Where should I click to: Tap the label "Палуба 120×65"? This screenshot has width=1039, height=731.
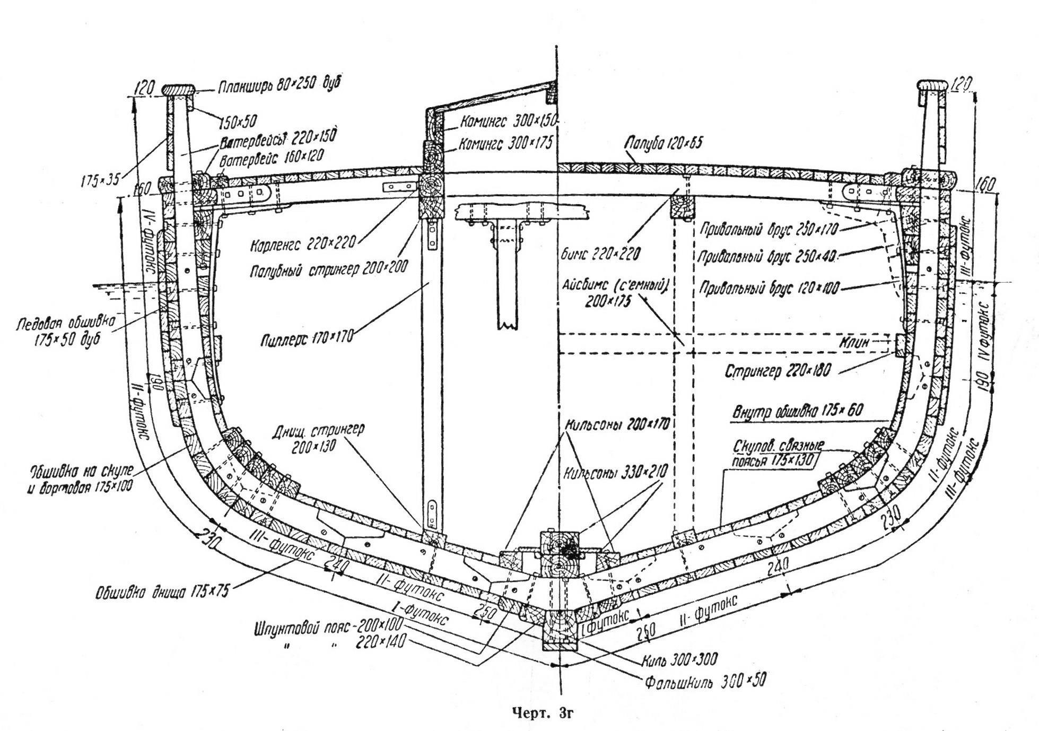tap(663, 144)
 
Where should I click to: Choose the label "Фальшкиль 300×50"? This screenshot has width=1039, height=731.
tap(705, 680)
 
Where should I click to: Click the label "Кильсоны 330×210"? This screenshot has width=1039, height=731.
tap(616, 472)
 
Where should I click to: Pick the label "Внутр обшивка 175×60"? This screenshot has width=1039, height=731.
tap(799, 411)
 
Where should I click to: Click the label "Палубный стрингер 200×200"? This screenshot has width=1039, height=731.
tap(329, 269)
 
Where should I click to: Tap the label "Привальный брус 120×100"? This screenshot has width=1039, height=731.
tap(770, 289)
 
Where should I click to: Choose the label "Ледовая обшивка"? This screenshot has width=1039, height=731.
tap(59, 324)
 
